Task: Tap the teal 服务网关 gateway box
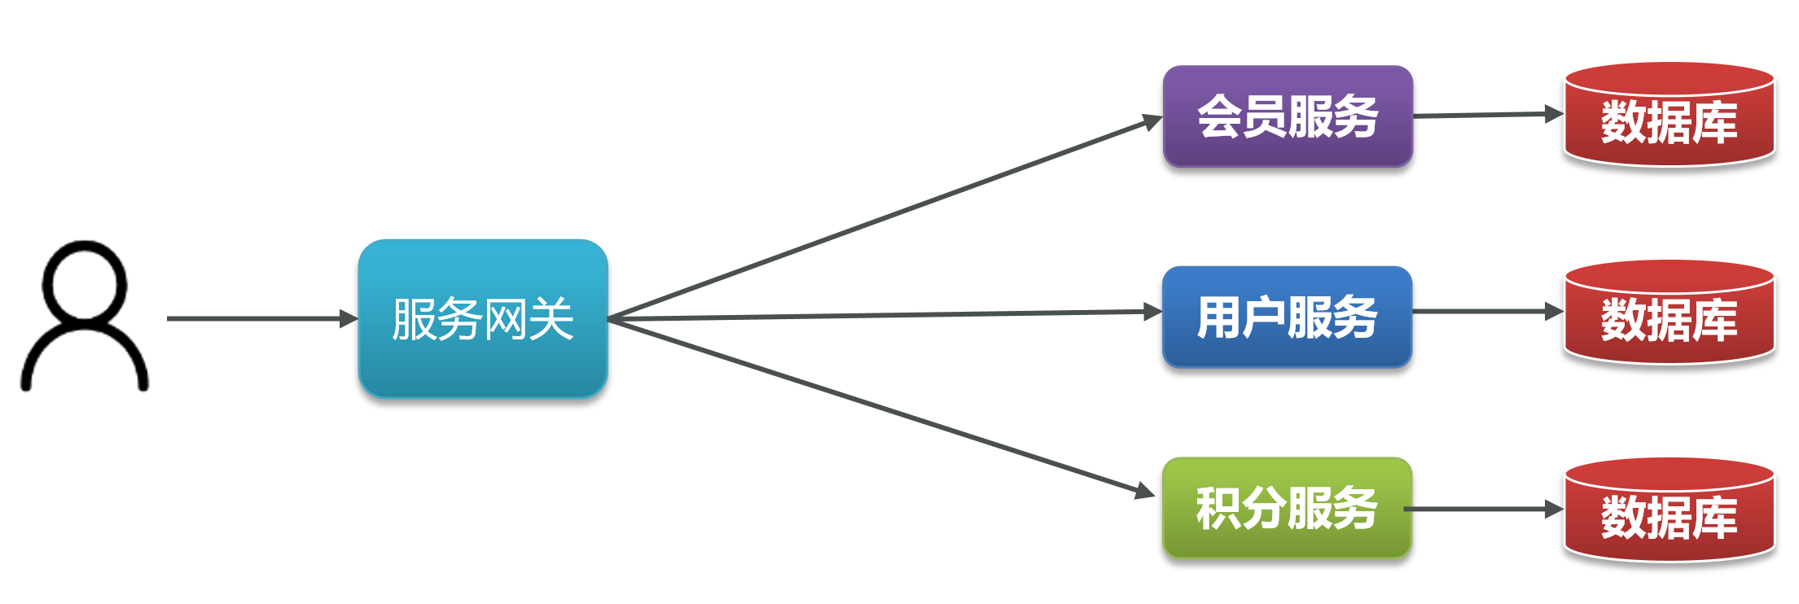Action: click(x=483, y=318)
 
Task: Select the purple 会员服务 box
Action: click(x=1288, y=116)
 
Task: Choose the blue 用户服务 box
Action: click(x=1288, y=317)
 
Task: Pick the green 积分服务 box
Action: click(x=1288, y=508)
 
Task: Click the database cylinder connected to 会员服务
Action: click(x=1670, y=115)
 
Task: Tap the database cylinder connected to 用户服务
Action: click(x=1670, y=313)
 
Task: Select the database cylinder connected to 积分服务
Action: click(x=1670, y=510)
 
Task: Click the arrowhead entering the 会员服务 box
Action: click(x=1153, y=122)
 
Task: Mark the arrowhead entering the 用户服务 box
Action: click(x=1153, y=312)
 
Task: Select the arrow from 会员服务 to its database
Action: click(x=1488, y=115)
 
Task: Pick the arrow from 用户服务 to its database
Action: click(x=1488, y=311)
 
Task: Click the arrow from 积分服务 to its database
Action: click(x=1484, y=510)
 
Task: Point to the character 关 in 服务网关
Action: click(x=552, y=319)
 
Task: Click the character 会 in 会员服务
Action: click(x=1220, y=116)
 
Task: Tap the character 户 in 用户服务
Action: click(x=1265, y=317)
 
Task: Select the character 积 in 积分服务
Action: click(x=1219, y=508)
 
